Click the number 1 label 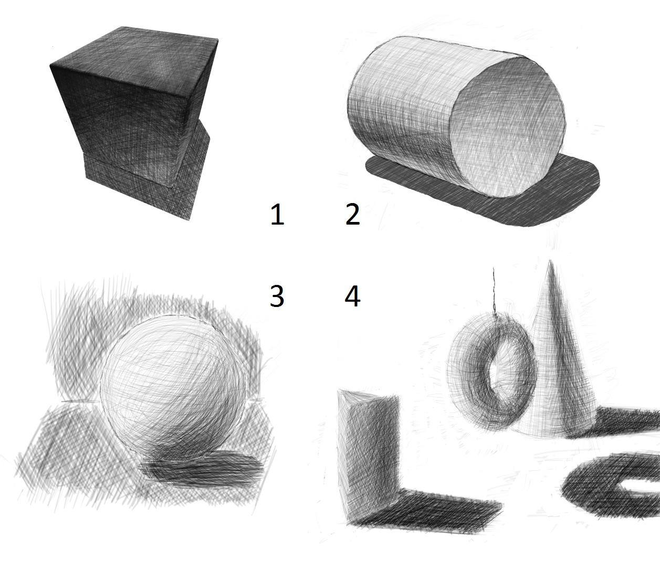277,215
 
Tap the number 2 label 352,215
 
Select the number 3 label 277,296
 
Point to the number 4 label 352,296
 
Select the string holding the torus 495,290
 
